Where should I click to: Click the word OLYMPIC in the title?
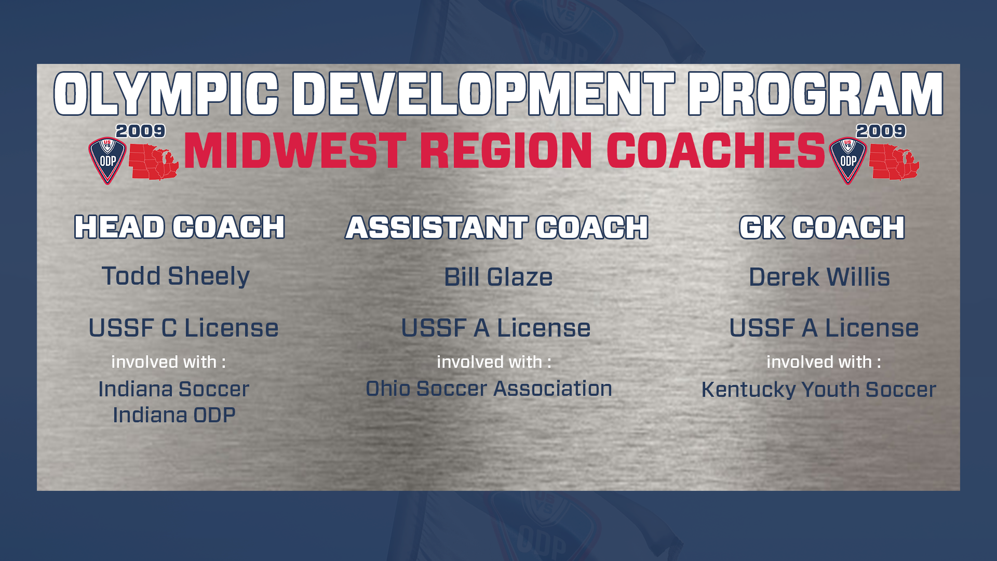pyautogui.click(x=167, y=94)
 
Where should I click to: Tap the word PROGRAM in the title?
pyautogui.click(x=816, y=94)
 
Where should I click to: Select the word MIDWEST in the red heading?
pyautogui.click(x=295, y=151)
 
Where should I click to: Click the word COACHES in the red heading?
pyautogui.click(x=716, y=151)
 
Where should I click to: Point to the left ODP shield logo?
pyautogui.click(x=107, y=161)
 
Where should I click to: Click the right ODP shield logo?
pyautogui.click(x=848, y=161)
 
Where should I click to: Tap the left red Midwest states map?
pyautogui.click(x=154, y=162)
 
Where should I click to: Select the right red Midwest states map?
pyautogui.click(x=894, y=162)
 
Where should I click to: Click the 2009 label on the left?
pyautogui.click(x=140, y=131)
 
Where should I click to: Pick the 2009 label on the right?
pyautogui.click(x=881, y=131)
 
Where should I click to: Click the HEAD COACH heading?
pyautogui.click(x=180, y=227)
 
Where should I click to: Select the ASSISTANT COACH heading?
pyautogui.click(x=497, y=228)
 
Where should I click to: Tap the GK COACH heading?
pyautogui.click(x=822, y=228)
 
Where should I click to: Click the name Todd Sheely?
pyautogui.click(x=176, y=276)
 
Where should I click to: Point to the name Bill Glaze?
pyautogui.click(x=498, y=277)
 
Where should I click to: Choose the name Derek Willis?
pyautogui.click(x=819, y=277)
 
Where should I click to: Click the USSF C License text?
pyautogui.click(x=183, y=328)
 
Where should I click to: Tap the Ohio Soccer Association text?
pyautogui.click(x=489, y=389)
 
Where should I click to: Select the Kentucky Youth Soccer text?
pyautogui.click(x=819, y=390)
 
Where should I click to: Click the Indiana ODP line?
pyautogui.click(x=174, y=415)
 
